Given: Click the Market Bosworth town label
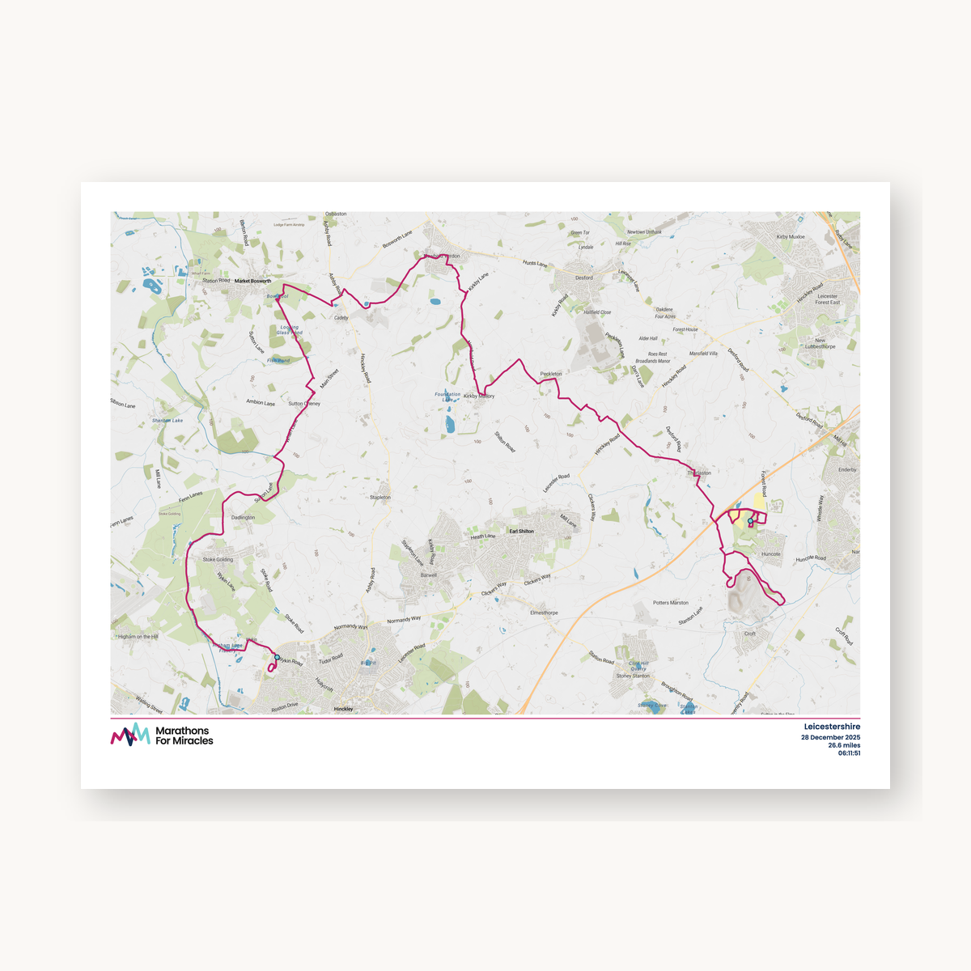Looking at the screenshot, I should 252,282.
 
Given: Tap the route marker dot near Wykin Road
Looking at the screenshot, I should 277,657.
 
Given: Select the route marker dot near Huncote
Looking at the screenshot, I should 750,521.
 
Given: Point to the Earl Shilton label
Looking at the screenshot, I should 521,532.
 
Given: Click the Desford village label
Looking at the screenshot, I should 584,278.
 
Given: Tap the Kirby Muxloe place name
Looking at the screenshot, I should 791,237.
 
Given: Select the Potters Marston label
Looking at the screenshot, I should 671,603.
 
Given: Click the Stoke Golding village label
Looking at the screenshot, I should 218,559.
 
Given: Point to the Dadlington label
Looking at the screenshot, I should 243,518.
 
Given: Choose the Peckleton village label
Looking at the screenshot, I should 551,374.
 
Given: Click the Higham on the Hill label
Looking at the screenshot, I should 138,637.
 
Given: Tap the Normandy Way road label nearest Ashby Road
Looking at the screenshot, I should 350,626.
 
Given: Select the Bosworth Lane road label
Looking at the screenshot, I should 397,238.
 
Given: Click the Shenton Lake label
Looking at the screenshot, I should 167,421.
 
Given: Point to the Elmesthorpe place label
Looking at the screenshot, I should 544,613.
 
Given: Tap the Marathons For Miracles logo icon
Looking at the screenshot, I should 130,735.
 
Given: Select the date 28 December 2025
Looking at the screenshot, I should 830,738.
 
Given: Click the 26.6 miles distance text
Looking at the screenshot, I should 844,746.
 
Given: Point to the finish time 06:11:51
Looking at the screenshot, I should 849,753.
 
